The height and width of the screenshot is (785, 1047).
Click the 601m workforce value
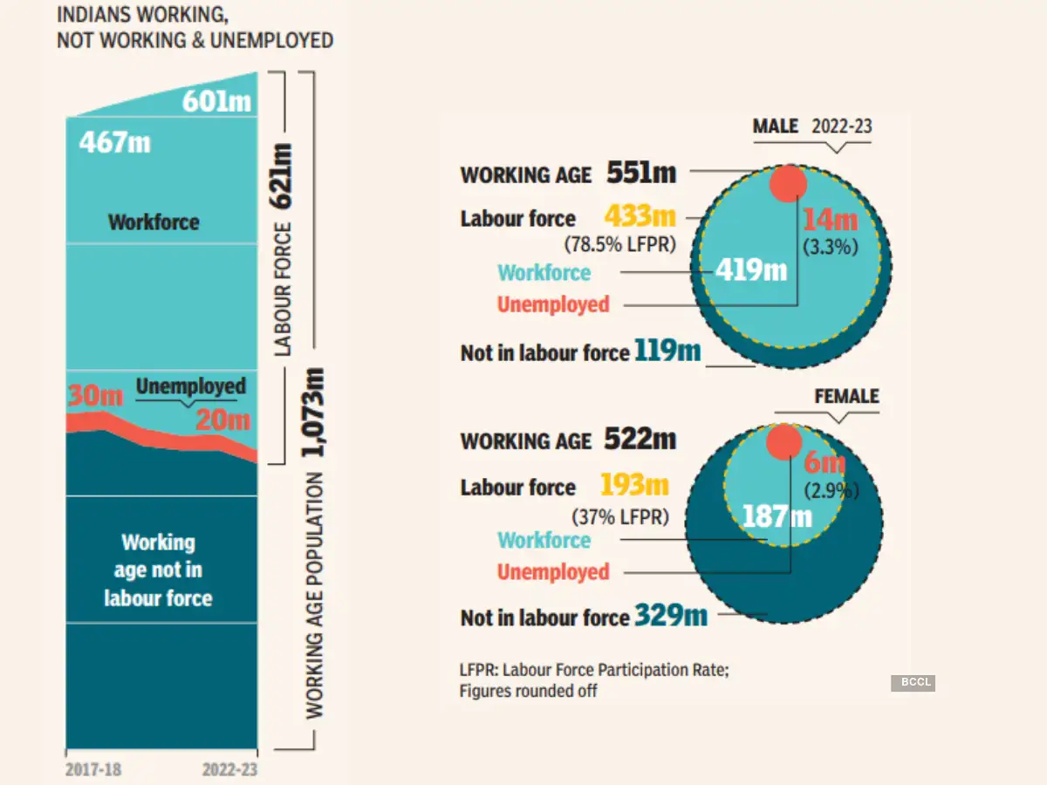(x=216, y=102)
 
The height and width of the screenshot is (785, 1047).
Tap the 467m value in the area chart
(x=115, y=142)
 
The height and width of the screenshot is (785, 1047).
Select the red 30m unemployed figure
(x=96, y=395)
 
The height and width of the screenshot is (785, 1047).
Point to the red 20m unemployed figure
(x=222, y=420)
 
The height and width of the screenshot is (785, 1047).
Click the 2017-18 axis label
(x=94, y=770)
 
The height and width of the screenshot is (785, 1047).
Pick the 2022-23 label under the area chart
(x=229, y=770)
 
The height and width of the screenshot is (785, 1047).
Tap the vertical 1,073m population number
(x=315, y=413)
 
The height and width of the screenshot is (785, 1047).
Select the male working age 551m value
(x=641, y=173)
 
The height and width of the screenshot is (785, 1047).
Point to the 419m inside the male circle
(x=751, y=270)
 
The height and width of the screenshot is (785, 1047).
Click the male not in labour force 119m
(x=668, y=351)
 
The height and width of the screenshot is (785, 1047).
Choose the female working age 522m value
(x=640, y=439)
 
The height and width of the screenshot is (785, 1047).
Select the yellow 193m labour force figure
(x=635, y=484)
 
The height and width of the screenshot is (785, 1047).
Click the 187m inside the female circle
(x=777, y=516)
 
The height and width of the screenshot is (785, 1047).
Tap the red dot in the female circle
(x=784, y=442)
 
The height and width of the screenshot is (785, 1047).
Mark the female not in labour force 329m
(x=671, y=616)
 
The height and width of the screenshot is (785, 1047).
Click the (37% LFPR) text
(x=620, y=517)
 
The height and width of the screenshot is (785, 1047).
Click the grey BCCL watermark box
(x=913, y=683)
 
